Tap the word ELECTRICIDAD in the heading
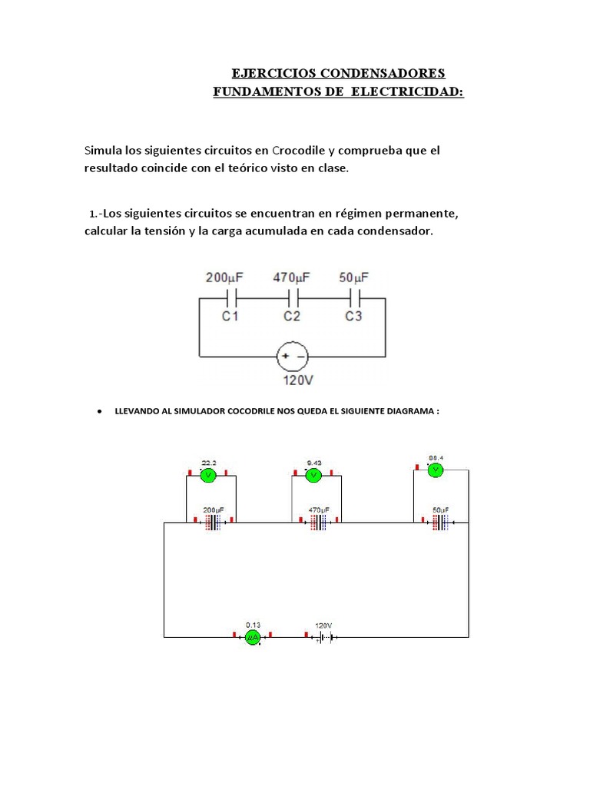click(406, 91)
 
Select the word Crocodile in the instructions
click(303, 151)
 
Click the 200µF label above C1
click(224, 277)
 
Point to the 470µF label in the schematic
click(291, 277)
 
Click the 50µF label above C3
click(353, 277)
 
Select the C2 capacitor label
click(292, 316)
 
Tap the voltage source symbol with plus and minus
click(293, 356)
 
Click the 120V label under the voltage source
click(293, 378)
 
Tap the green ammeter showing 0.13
click(253, 637)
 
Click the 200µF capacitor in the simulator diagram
click(212, 523)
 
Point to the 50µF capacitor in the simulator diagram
click(440, 523)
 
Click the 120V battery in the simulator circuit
click(323, 637)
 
